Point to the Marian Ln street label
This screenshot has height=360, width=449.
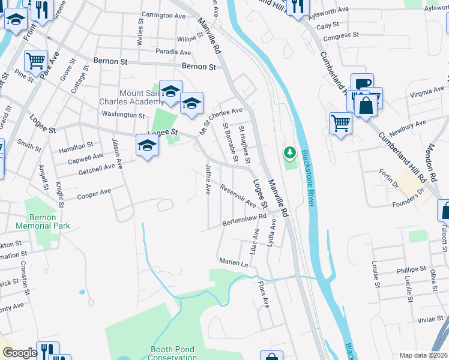coord(234,263)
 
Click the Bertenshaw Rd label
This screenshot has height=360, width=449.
coord(244,222)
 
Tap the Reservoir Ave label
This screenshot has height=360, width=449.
coord(238,196)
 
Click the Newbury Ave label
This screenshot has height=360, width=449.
coord(407,126)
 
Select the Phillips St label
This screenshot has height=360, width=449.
coord(411,269)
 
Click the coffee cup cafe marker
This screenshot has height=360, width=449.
coord(362,84)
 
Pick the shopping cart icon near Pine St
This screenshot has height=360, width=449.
coord(35,61)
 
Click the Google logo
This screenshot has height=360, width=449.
coord(20,353)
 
